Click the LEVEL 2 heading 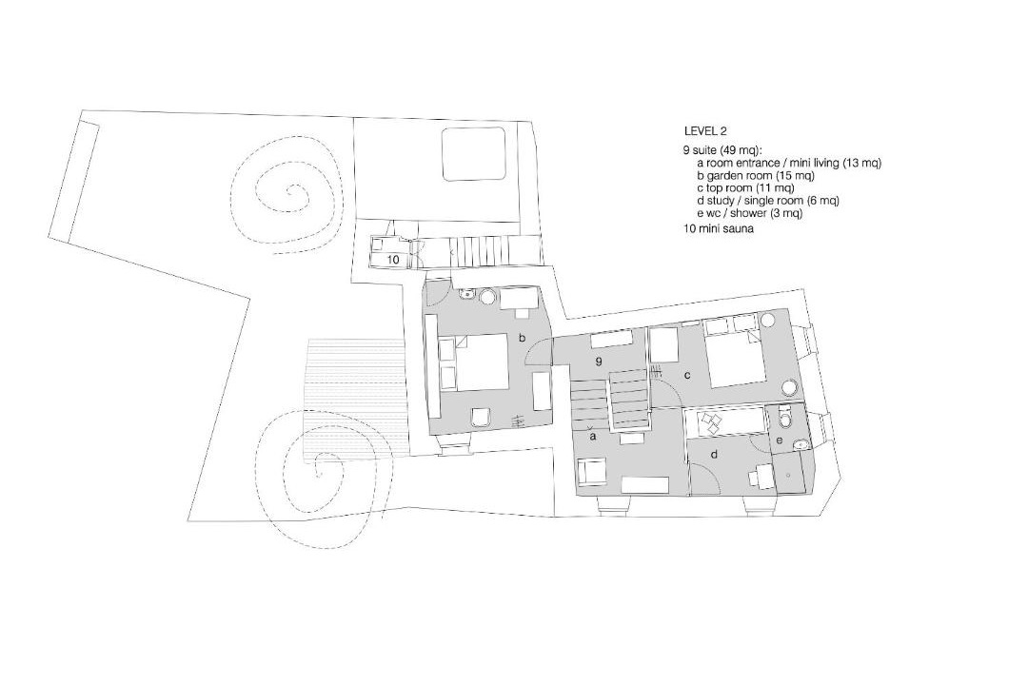pyautogui.click(x=705, y=131)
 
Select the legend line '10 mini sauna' pyautogui.click(x=718, y=229)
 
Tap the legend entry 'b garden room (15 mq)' pyautogui.click(x=755, y=176)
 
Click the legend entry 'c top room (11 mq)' pyautogui.click(x=745, y=188)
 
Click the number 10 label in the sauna pyautogui.click(x=393, y=260)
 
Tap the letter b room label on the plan pyautogui.click(x=523, y=339)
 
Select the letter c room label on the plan pyautogui.click(x=687, y=376)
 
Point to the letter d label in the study pyautogui.click(x=714, y=454)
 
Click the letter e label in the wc pyautogui.click(x=779, y=440)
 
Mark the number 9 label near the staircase pyautogui.click(x=598, y=362)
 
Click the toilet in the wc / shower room pyautogui.click(x=785, y=416)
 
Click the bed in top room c pyautogui.click(x=733, y=354)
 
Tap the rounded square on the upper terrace pyautogui.click(x=473, y=154)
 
